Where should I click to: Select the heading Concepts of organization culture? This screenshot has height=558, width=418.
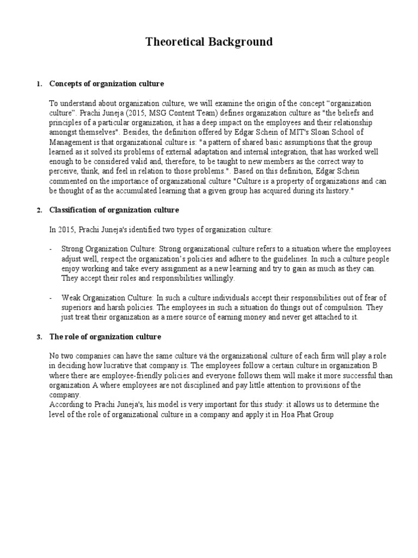point(107,83)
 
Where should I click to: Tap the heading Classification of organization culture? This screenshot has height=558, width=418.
point(114,210)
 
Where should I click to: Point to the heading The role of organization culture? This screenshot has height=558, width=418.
point(105,337)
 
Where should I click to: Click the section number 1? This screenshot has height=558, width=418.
point(38,84)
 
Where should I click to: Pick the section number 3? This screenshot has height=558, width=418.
point(38,337)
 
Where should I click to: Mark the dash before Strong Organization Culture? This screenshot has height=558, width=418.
point(51,249)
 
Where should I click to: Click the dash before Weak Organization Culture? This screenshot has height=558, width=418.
point(51,298)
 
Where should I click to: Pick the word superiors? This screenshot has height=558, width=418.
point(65,307)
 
